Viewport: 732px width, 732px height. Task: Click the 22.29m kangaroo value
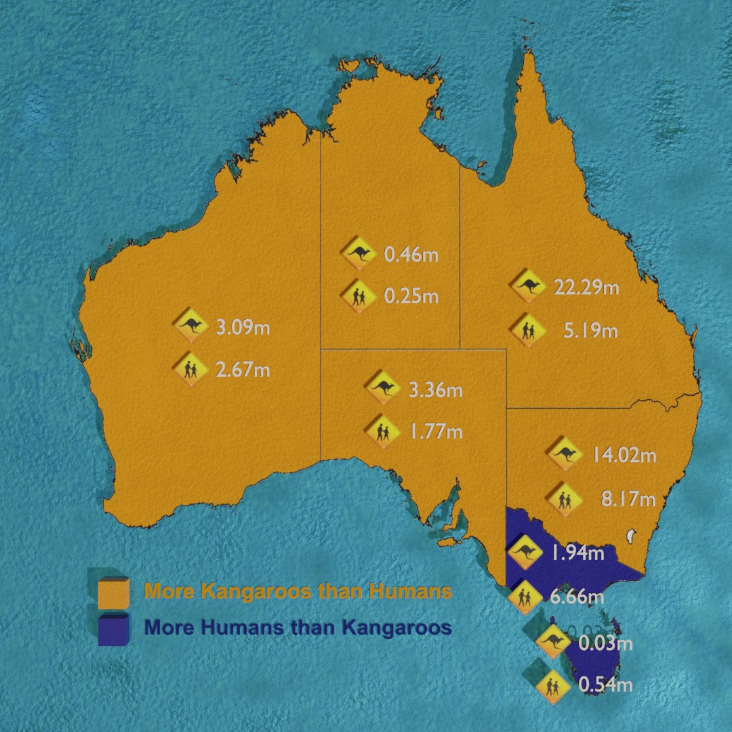pos(586,287)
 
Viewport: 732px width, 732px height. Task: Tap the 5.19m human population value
pos(590,331)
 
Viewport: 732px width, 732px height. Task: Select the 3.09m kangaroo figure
pos(243,329)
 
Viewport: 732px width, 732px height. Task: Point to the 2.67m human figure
pos(243,370)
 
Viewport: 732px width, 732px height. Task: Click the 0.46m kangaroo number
pos(411,256)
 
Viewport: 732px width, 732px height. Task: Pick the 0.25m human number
pos(411,296)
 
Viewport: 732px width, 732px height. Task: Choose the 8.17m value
pos(628,500)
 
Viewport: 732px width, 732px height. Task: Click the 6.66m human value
pos(576,597)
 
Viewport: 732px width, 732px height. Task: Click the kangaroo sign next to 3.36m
pos(384,388)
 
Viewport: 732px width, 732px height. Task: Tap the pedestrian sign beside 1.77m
pos(381,430)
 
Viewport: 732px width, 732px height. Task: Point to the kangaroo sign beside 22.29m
pos(528,285)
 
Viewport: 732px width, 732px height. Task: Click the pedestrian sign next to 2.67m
pos(190,369)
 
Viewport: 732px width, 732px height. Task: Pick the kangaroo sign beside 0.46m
pos(359,253)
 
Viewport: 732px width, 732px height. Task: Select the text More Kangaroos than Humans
pos(298,591)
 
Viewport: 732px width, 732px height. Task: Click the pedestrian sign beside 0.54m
pos(552,687)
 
